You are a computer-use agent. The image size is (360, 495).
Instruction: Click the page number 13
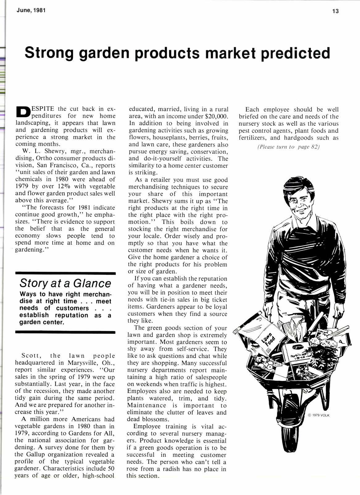(335, 11)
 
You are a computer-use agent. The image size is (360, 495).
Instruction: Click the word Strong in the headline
(49, 53)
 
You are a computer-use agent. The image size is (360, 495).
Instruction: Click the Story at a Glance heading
(65, 283)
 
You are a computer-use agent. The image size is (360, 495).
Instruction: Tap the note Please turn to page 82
(288, 147)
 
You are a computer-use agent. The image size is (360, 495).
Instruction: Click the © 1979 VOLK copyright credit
(319, 415)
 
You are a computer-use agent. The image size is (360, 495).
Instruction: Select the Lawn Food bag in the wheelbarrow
(265, 337)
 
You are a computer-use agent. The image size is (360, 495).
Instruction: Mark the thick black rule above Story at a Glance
(65, 273)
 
